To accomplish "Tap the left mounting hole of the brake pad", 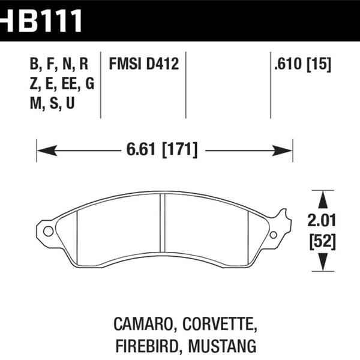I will tap(49, 230).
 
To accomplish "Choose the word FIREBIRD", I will tap(145, 346).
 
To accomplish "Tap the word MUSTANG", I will tap(226, 346).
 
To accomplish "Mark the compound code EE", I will tap(67, 84).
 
